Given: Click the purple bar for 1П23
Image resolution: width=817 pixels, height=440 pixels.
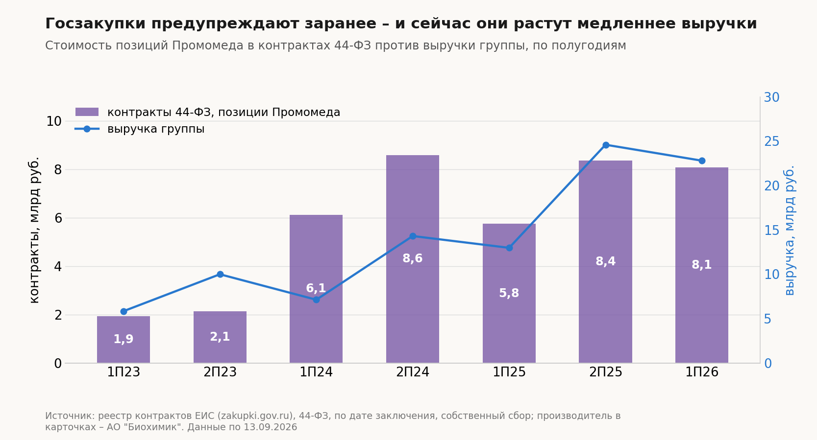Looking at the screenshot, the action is coord(124,340).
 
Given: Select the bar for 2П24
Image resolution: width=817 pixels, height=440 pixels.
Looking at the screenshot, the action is coord(413,259).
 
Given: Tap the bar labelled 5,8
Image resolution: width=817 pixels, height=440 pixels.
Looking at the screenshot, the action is coord(509,293).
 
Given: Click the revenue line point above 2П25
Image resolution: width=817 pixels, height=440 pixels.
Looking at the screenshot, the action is coord(606,145).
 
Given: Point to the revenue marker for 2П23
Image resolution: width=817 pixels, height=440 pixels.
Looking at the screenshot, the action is coord(220,274).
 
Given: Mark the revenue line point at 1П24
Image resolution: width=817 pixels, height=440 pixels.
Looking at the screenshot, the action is coord(316,300).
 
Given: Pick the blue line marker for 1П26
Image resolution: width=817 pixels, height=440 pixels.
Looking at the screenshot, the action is coord(702,161).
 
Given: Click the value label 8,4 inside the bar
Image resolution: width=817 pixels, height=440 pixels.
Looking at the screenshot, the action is coord(605,261).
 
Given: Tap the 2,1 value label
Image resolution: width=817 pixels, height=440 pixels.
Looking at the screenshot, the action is coord(220,337).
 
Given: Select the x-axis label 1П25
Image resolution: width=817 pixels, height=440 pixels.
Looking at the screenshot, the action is coord(509,372).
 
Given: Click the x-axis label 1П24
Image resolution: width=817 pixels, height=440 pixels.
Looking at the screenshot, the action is coord(316,372).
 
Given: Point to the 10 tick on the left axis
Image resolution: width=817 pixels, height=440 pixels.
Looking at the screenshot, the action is coord(53,121).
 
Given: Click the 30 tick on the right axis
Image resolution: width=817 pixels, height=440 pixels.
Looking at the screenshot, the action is coord(772,97).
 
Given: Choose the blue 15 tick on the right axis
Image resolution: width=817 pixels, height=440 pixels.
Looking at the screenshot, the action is coord(772,230).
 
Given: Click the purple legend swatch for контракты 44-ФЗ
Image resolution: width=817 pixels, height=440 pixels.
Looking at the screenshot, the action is coord(87,112).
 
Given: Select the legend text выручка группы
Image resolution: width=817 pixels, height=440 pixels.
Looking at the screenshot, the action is coord(156,129).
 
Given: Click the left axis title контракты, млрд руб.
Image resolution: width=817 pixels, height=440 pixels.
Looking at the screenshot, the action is coord(33,230).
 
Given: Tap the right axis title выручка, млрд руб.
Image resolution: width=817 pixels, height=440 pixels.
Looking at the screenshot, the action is coord(789,230).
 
